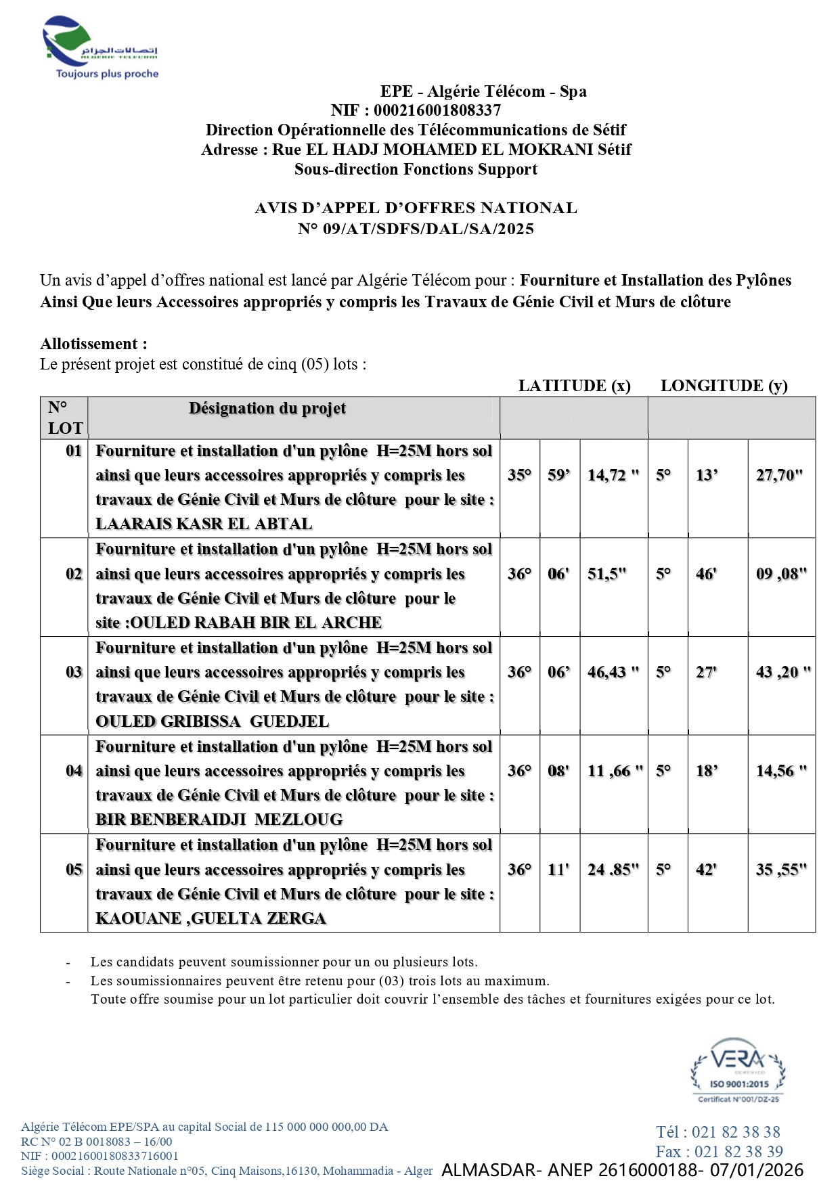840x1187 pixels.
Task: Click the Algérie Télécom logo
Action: pos(100,47)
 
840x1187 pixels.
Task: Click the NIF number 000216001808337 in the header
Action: pos(437,110)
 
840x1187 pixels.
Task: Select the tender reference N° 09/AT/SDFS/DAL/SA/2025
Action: pos(416,229)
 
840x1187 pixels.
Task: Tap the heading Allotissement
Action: pos(93,344)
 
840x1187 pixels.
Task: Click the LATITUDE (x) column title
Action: pos(574,386)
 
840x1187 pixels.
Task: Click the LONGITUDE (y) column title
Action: pos(724,386)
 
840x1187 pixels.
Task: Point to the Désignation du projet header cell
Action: pos(267,409)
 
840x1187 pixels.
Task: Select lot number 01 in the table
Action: pos(73,451)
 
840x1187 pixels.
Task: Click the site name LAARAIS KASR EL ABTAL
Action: pos(204,524)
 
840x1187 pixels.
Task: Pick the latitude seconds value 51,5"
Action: pos(606,574)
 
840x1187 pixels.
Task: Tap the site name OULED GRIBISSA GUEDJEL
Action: pos(212,721)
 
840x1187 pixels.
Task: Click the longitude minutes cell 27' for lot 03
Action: pos(706,672)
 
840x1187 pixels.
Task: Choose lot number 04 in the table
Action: pos(74,771)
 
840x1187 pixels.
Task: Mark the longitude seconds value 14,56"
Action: pos(781,771)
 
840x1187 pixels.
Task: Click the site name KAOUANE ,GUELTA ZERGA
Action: pos(211,918)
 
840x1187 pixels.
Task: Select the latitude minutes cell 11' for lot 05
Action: pos(558,870)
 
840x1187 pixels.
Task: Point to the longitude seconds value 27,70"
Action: pos(779,475)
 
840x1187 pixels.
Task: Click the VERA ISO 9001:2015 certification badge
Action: pos(738,1070)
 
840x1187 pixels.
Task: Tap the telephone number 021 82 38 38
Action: pos(736,1132)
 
